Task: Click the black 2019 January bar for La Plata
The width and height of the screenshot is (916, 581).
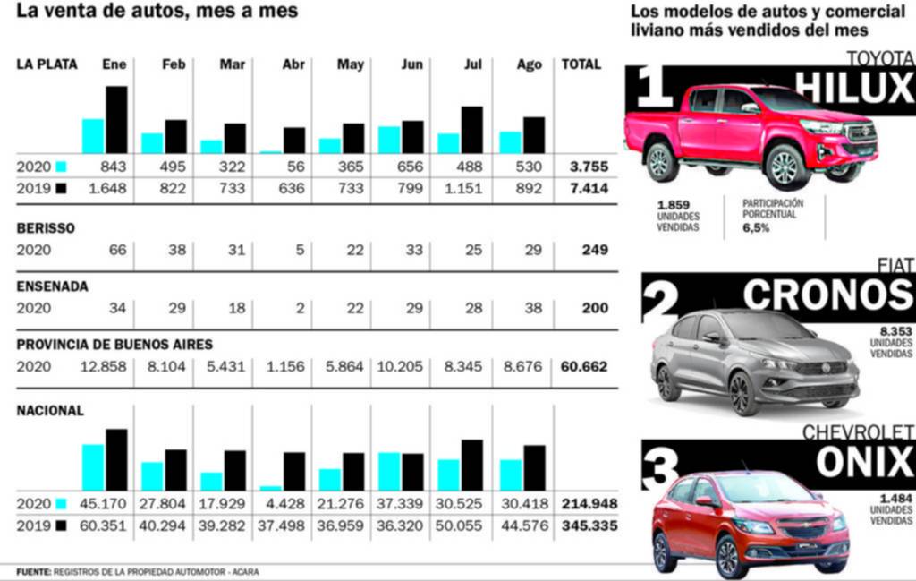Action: (116, 120)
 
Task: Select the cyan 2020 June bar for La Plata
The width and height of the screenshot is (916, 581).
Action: (388, 140)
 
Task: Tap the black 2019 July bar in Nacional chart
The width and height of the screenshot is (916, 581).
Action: (472, 466)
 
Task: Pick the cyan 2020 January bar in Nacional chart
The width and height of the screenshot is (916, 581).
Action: (93, 467)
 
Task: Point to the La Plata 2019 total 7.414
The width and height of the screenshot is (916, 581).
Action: (587, 189)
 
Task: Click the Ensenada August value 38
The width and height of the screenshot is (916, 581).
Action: (533, 308)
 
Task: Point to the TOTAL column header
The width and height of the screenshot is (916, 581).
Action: (581, 64)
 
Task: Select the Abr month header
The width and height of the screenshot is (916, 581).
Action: (293, 64)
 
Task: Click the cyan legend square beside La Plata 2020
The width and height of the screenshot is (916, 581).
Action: (61, 167)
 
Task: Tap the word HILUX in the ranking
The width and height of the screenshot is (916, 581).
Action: (853, 89)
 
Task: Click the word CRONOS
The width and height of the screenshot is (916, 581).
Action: (827, 294)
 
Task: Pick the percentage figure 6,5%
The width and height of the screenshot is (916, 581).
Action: (756, 228)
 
